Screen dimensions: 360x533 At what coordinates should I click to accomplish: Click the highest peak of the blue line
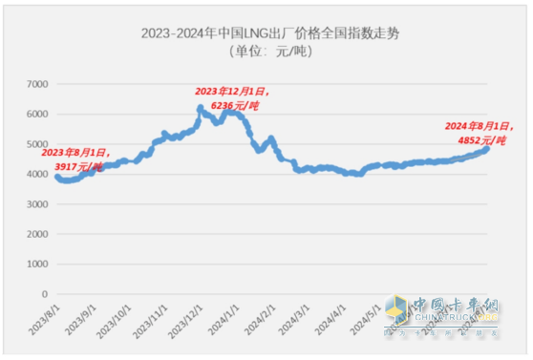coord(200,109)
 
